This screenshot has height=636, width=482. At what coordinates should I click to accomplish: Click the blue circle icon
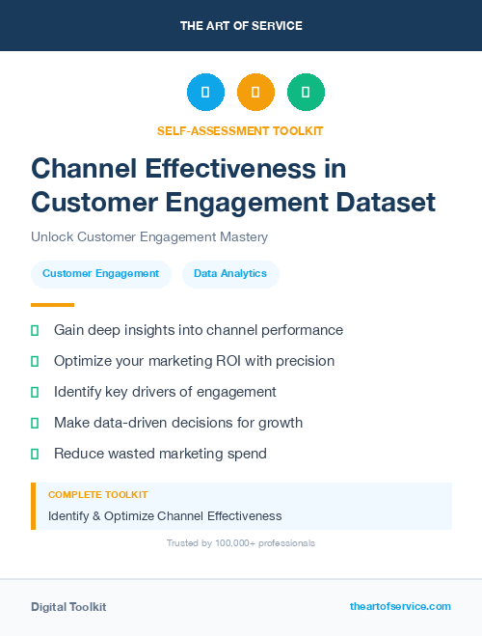(x=205, y=92)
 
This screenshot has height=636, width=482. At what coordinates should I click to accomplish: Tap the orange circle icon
(x=255, y=92)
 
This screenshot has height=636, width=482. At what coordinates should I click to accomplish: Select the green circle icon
(x=306, y=92)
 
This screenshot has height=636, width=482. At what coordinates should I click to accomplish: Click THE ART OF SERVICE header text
(x=241, y=26)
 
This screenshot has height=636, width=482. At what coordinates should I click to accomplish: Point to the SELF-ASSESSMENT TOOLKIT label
(x=240, y=130)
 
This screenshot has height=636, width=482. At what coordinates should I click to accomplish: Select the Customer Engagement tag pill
(x=100, y=274)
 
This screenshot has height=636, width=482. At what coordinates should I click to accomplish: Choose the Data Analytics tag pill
(x=230, y=274)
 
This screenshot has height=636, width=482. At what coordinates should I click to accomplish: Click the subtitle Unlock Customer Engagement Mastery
(x=148, y=236)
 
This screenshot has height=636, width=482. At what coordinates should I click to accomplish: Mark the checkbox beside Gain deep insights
(x=35, y=330)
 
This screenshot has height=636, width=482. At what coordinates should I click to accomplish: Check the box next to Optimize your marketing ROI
(x=35, y=361)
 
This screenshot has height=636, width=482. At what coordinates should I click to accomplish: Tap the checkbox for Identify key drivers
(x=35, y=392)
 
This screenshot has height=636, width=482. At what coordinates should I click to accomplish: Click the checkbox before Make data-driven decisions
(x=35, y=423)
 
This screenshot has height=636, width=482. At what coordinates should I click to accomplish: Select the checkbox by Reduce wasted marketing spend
(x=35, y=454)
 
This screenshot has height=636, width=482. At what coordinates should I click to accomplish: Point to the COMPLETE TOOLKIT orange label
(x=97, y=495)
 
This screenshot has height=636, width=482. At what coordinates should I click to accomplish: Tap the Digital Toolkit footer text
(x=68, y=607)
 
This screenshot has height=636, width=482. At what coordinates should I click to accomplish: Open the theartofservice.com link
(x=400, y=606)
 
